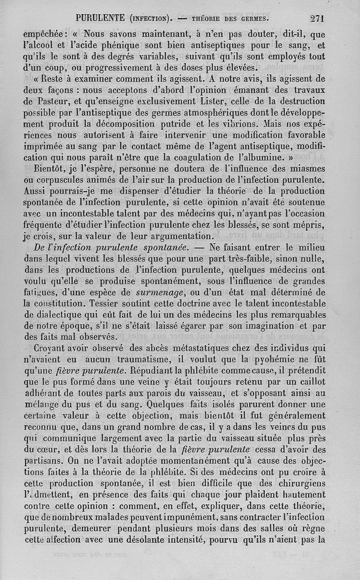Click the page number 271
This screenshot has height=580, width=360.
(317, 18)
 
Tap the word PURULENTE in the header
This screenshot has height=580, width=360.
(100, 18)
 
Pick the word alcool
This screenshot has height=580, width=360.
(51, 45)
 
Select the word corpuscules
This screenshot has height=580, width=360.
(68, 180)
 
